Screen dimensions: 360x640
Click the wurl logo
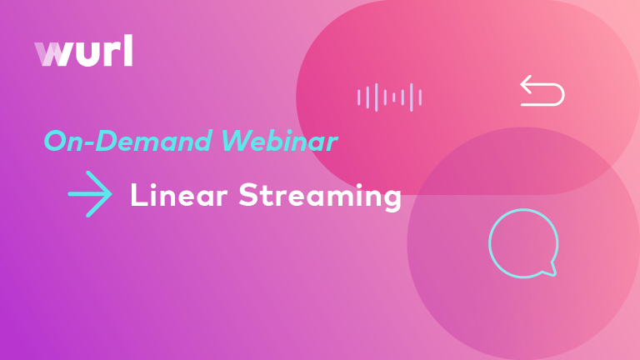tap(83, 52)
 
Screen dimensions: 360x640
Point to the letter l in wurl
tap(127, 52)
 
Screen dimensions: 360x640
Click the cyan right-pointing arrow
tap(90, 194)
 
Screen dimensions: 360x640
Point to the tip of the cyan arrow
tap(111, 194)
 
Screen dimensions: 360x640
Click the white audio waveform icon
tap(389, 97)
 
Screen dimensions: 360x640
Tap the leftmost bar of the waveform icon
tap(359, 97)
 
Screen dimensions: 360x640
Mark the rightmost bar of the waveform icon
tap(420, 97)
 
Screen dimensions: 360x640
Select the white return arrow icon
tap(542, 91)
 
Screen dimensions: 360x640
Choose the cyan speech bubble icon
tap(522, 242)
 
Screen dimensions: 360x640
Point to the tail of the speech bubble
tap(550, 270)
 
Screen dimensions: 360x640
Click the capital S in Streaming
tap(247, 196)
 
